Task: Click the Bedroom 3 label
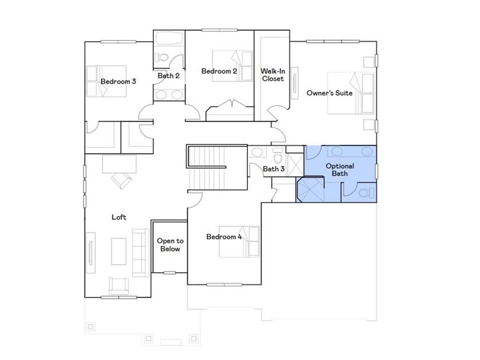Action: (x=118, y=82)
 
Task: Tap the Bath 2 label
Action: (x=168, y=75)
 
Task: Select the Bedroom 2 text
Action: (x=219, y=71)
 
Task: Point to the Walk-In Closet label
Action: (x=272, y=75)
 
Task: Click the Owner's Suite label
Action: (x=330, y=93)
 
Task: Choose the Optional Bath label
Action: (x=340, y=170)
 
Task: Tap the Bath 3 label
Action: (x=273, y=169)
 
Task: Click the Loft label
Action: (x=119, y=217)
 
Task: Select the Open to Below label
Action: (x=170, y=245)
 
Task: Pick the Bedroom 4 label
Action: (x=224, y=237)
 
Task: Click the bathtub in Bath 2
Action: (x=169, y=38)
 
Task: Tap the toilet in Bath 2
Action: (x=162, y=58)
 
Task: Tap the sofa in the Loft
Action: (x=139, y=252)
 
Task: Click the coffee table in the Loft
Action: (x=119, y=251)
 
